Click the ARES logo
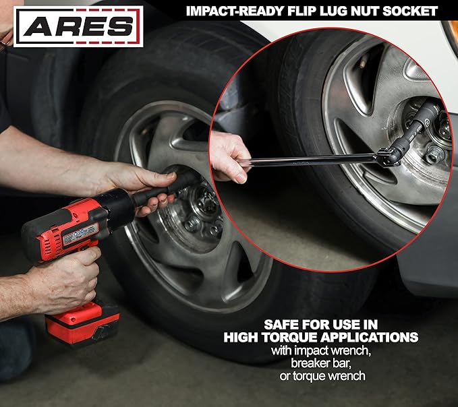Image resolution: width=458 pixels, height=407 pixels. click(78, 26)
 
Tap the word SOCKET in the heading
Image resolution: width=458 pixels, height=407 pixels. click(411, 11)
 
